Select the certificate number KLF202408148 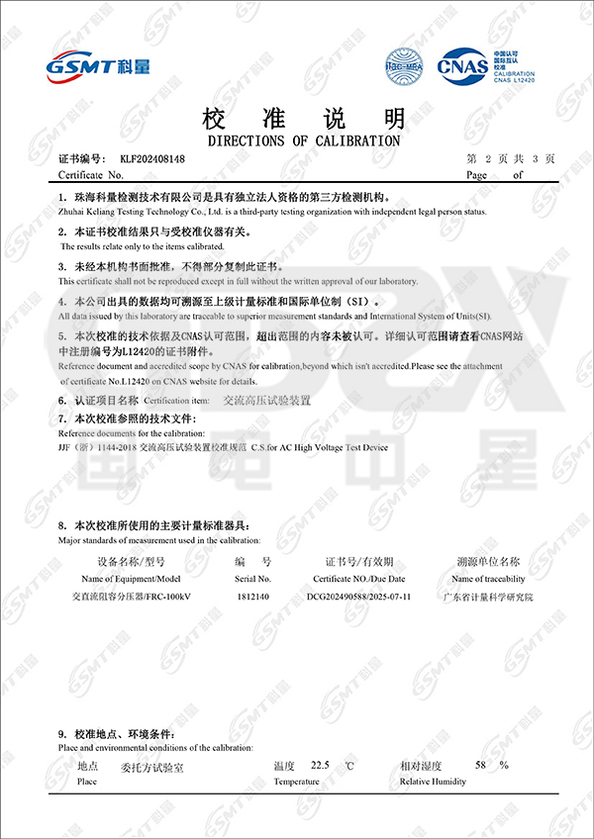pos(152,158)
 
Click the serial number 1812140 pos(253,597)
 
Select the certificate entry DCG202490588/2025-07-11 pos(359,597)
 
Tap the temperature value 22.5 pos(320,766)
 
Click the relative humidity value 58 pos(481,766)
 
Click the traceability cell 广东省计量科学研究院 pos(487,597)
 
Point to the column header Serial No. pos(253,579)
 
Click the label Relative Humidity pos(434,782)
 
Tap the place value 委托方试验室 pos(151,767)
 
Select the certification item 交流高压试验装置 pos(266,401)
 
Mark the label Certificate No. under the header pos(91,174)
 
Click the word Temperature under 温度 pos(297,782)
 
